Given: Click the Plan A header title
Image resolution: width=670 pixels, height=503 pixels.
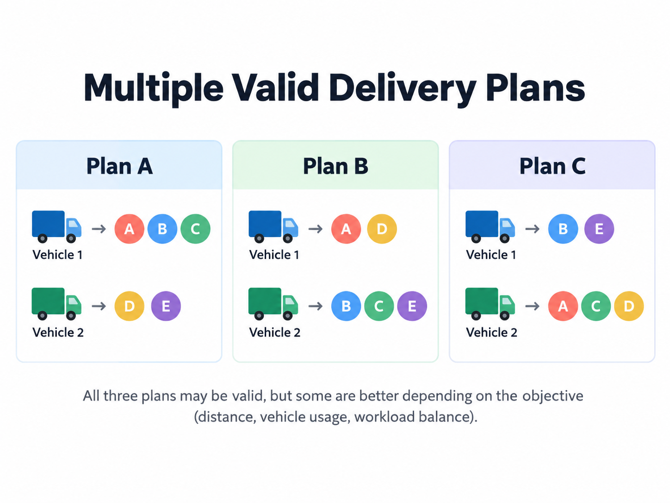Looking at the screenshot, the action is pos(119,166).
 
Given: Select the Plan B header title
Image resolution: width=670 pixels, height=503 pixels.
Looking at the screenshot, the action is pos(335,166).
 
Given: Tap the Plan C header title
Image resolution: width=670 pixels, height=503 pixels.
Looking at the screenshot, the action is pos(552,166).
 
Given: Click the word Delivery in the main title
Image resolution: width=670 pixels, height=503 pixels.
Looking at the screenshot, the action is pos(403,88).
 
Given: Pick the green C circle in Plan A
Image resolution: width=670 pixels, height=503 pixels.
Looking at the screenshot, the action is pos(195,229).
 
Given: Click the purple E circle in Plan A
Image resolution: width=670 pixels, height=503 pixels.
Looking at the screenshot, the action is pos(166,306).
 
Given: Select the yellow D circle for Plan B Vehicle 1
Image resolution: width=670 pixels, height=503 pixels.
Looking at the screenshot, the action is pos(382,229).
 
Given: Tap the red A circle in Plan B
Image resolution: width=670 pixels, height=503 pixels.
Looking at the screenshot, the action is pos(346,229).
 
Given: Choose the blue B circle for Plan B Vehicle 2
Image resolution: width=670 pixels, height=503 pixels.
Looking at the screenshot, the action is pos(346,306).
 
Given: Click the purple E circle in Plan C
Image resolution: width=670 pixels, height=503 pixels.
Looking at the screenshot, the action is pos(599,229).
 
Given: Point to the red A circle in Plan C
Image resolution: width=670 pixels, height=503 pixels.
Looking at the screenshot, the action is pos(563,306).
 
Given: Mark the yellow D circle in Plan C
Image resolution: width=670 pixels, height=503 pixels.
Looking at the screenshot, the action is pos(629,306).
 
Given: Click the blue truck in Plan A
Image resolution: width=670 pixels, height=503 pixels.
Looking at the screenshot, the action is pos(57,226).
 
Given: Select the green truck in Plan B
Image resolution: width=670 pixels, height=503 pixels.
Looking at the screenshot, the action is pos(273,304).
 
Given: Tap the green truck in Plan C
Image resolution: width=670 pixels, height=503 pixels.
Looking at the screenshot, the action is pos(490,304).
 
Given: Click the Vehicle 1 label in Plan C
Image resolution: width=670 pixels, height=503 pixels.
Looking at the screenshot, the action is pos(491,255).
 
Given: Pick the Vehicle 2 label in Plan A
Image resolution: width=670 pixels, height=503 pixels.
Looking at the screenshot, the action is pos(58,332).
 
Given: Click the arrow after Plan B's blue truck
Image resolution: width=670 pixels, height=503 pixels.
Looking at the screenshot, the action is pos(316,229).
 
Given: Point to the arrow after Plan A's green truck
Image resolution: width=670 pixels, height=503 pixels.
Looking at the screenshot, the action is pos(99,306).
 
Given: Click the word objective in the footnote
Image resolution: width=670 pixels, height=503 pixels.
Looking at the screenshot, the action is pos(553,396).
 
